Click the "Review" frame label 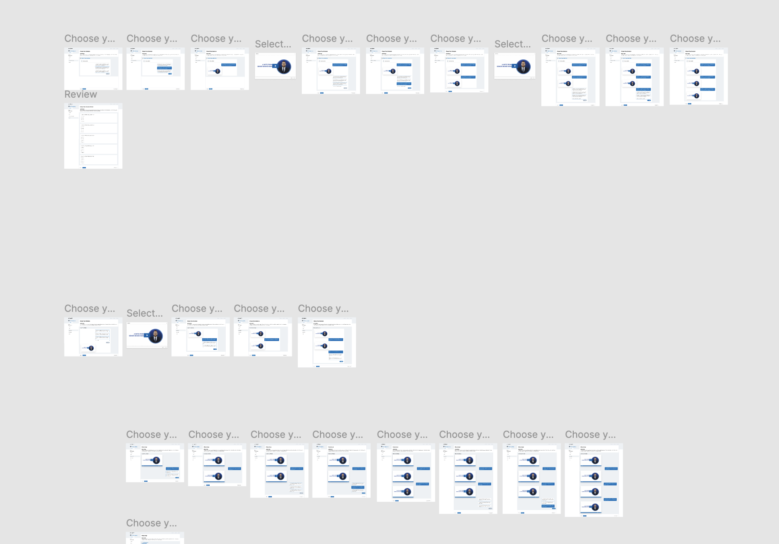click(81, 95)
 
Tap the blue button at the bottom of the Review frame click(84, 168)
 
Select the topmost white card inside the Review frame click(99, 118)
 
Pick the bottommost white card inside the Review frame click(99, 160)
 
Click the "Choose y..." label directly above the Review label click(90, 39)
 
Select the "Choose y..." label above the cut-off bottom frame click(151, 523)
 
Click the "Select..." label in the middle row click(145, 313)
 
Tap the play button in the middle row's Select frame click(147, 335)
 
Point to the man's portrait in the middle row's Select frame click(155, 336)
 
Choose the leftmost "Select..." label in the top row click(273, 44)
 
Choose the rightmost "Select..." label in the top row click(513, 44)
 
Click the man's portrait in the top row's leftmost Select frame click(284, 67)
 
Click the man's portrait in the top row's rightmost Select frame click(523, 67)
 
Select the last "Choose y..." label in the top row click(695, 39)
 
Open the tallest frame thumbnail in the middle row click(327, 342)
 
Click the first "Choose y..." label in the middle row click(90, 309)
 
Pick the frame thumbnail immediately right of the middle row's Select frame click(201, 337)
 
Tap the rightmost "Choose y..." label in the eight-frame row click(590, 435)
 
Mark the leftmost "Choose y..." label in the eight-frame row click(151, 435)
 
